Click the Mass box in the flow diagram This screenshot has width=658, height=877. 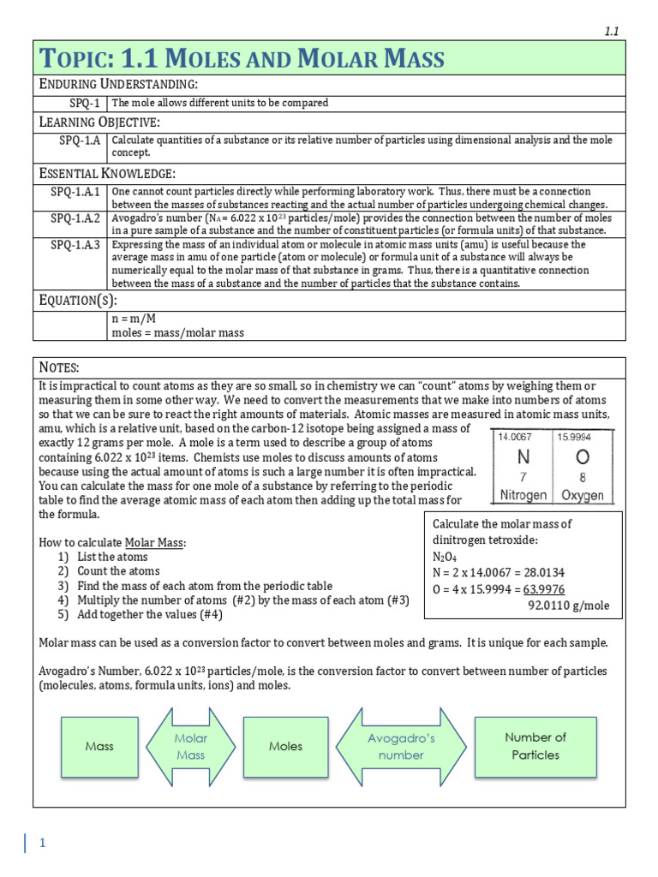tap(99, 746)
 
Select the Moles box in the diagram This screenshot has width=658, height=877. tap(285, 746)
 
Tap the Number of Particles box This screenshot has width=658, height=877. tap(535, 746)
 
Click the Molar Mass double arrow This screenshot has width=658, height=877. tap(190, 746)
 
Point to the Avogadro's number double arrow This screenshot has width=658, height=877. tap(401, 746)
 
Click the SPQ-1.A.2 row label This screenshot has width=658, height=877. tap(75, 218)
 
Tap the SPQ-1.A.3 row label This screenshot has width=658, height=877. tap(75, 245)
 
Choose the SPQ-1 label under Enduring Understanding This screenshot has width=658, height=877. tap(85, 103)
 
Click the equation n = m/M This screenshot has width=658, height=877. tap(134, 318)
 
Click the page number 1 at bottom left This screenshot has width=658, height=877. tap(40, 844)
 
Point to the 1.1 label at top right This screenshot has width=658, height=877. tap(612, 31)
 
